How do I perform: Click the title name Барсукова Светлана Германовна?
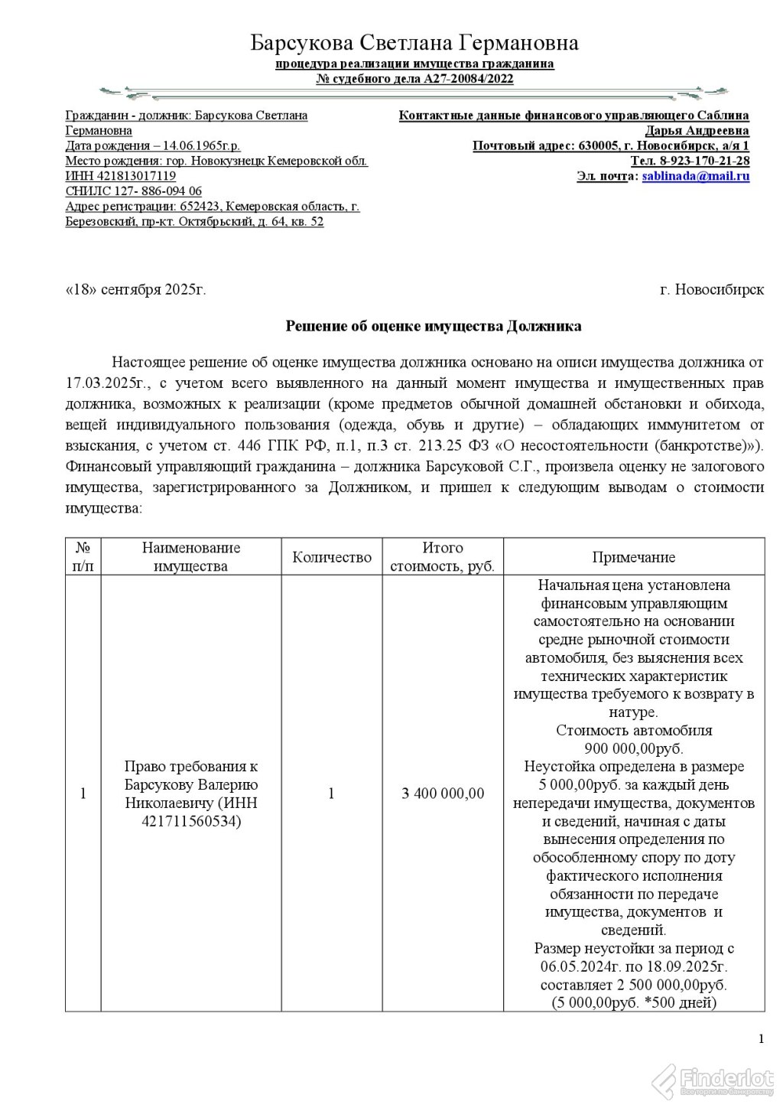point(414,43)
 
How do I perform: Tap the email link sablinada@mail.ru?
point(695,176)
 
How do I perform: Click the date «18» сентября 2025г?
point(135,290)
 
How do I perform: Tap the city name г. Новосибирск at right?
point(711,290)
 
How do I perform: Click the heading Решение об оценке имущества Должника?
point(433,326)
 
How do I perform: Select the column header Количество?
point(332,557)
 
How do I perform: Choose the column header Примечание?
point(633,557)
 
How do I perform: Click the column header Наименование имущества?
point(190,557)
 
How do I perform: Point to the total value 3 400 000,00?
point(443,794)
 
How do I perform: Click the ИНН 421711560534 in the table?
point(190,822)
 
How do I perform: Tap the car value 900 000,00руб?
point(633,748)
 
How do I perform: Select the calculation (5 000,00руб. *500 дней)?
point(633,1002)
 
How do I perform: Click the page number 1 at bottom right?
point(761,1038)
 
